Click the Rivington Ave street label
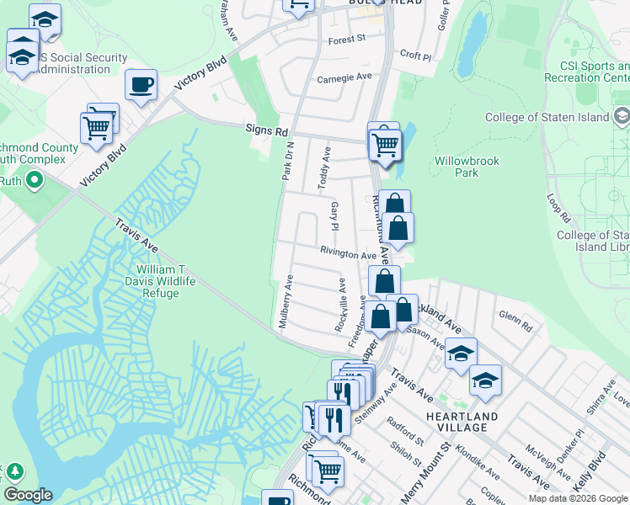(347, 254)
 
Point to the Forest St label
(347, 39)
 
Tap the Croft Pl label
(415, 57)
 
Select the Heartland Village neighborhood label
(456, 422)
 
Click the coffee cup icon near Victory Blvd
(141, 84)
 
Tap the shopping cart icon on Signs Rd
(386, 145)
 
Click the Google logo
(28, 495)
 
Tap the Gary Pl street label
(334, 215)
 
